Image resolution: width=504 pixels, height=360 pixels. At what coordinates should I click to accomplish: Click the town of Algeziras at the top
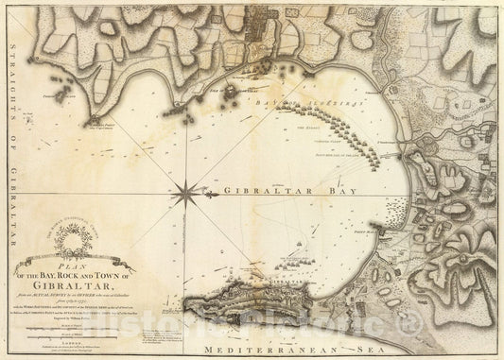(x=255, y=43)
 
